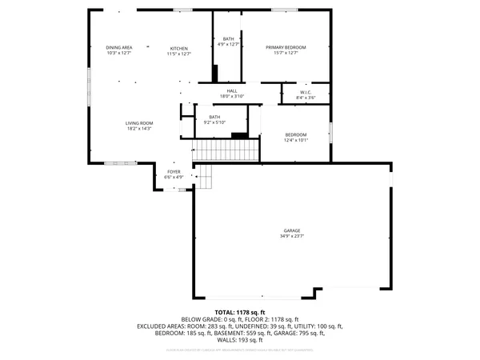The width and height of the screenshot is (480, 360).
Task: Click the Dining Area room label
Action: pyautogui.click(x=118, y=48)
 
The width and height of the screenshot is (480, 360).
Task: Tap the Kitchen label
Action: pyautogui.click(x=179, y=48)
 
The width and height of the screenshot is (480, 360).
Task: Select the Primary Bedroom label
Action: pyautogui.click(x=286, y=48)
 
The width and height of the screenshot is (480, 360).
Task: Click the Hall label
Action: pyautogui.click(x=232, y=91)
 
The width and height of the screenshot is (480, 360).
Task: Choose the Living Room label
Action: pyautogui.click(x=138, y=123)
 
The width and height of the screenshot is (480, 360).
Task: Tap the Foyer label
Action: pyautogui.click(x=174, y=172)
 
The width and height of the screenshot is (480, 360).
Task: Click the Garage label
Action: pyautogui.click(x=291, y=230)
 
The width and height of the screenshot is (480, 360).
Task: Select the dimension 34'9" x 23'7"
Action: pyautogui.click(x=291, y=236)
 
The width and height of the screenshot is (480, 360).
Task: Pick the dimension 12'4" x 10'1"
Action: pyautogui.click(x=295, y=140)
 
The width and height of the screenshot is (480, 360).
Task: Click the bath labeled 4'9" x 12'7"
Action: pyautogui.click(x=229, y=45)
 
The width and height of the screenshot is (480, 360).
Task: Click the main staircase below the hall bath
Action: pyautogui.click(x=228, y=150)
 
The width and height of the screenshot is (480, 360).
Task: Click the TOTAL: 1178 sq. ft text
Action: pyautogui.click(x=240, y=311)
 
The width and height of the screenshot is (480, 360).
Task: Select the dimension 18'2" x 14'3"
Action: pyautogui.click(x=138, y=129)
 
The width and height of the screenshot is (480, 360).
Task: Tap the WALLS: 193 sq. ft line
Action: pyautogui.click(x=240, y=341)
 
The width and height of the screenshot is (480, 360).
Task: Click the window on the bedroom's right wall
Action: pyautogui.click(x=330, y=131)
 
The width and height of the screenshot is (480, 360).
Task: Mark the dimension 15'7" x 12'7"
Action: pyautogui.click(x=286, y=54)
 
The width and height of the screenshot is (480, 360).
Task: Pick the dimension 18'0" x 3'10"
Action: pyautogui.click(x=232, y=97)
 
